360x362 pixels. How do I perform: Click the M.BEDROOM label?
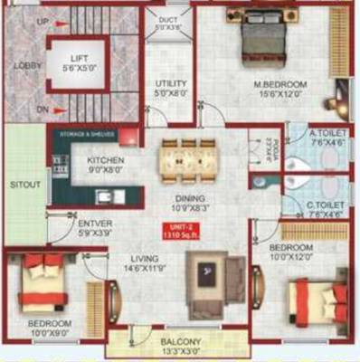[279, 84]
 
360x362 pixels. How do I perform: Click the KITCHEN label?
[105, 160]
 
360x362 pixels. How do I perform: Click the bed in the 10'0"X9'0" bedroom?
[44, 281]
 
